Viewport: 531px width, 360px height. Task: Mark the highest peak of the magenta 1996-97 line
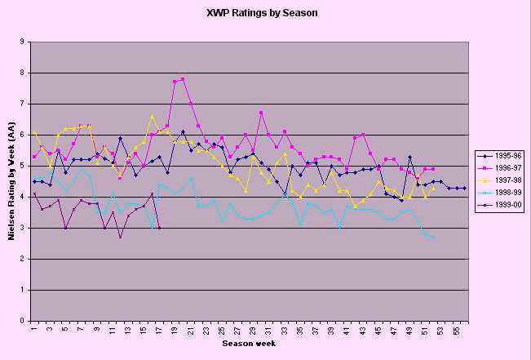point(183,78)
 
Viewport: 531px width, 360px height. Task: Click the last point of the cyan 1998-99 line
point(433,237)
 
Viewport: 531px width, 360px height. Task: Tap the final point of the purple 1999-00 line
point(159,228)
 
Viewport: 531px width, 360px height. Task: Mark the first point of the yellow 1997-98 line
point(34,131)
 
